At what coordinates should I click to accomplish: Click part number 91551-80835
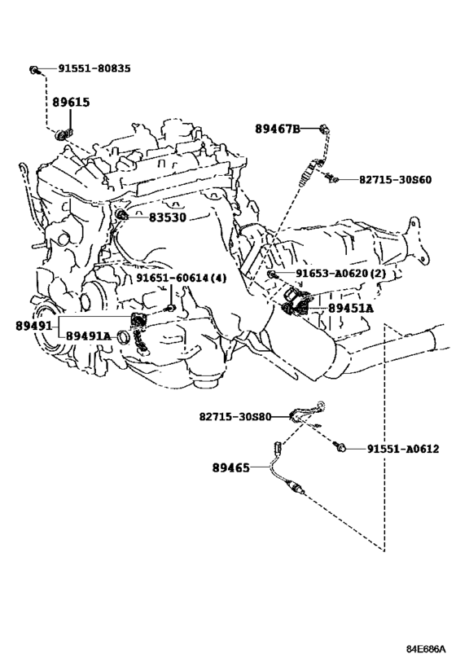pos(94,68)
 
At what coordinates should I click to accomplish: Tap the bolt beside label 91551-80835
pos(34,70)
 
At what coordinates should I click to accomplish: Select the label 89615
pos(71,102)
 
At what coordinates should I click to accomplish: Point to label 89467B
pos(278,129)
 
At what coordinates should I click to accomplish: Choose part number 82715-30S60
pos(395,180)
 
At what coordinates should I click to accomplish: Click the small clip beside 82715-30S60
pos(331,178)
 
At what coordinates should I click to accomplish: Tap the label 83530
pos(168,217)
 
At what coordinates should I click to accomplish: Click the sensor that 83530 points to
pos(122,215)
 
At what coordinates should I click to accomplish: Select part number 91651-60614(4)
pos(182,279)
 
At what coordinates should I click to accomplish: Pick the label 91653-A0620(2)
pos(340,273)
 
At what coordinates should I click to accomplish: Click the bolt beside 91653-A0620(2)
pos(272,274)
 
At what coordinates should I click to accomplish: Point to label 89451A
pos(351,309)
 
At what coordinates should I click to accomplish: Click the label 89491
pos(34,327)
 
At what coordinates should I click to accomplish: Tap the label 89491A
pos(88,336)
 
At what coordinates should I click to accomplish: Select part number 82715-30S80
pos(235,416)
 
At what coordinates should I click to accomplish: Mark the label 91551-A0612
pos(403,449)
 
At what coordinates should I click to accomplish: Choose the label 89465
pos(231,468)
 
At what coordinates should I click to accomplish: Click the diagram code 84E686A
pos(426,649)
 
